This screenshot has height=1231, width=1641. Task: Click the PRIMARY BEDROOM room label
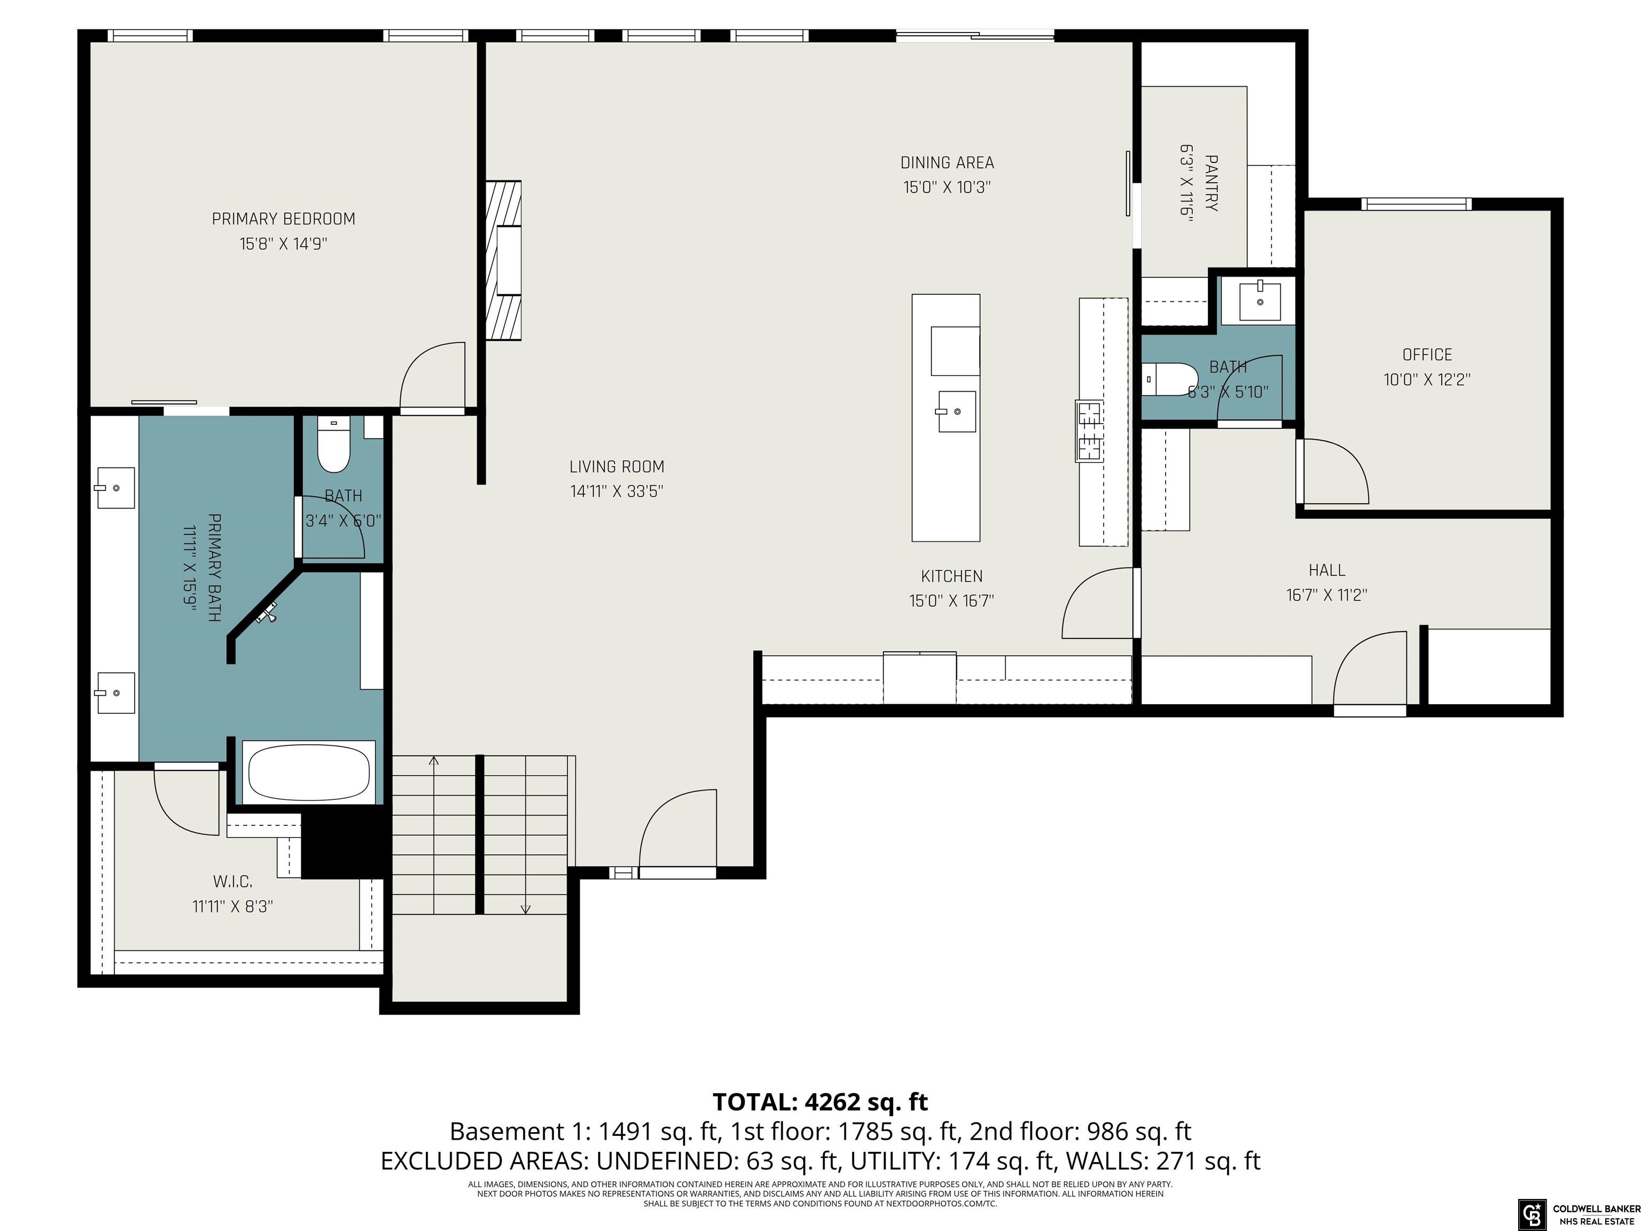(284, 219)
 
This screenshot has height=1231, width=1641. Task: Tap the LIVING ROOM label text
(616, 467)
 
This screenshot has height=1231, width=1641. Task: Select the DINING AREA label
(947, 162)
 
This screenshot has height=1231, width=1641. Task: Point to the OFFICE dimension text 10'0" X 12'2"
(1427, 380)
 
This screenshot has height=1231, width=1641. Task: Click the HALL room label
(1326, 570)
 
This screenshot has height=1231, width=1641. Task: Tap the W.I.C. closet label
(233, 882)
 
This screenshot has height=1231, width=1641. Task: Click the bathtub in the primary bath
(309, 773)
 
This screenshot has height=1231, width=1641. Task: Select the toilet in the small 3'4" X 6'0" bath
(334, 445)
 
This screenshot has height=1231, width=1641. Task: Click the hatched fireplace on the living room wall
(504, 260)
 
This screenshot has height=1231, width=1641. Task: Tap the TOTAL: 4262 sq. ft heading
(820, 1102)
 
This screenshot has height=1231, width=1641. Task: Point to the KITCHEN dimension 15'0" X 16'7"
(951, 601)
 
